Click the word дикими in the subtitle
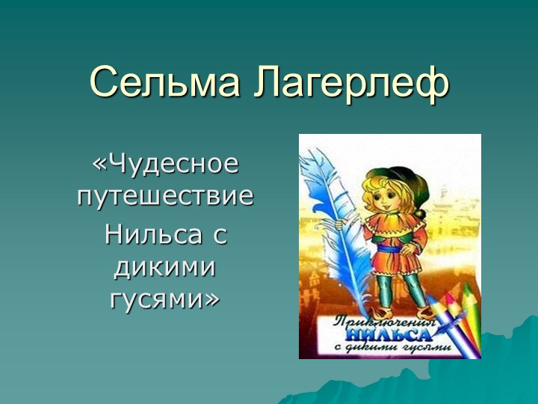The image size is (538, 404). tap(165, 266)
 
